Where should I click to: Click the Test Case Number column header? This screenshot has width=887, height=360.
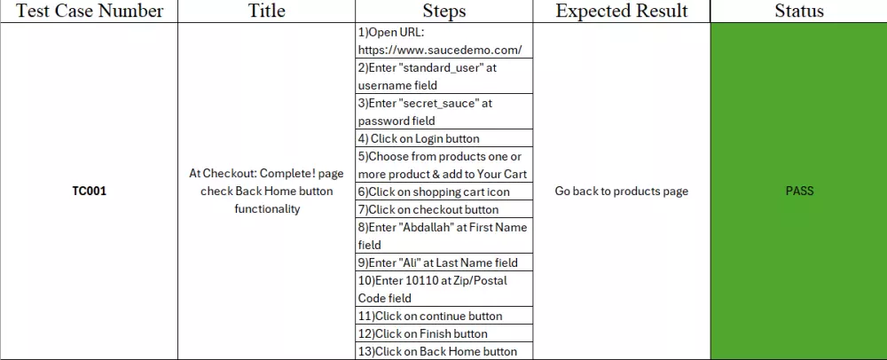[x=90, y=11]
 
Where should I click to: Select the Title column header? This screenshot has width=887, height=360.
[x=267, y=11]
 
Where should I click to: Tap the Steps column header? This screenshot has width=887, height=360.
[x=444, y=11]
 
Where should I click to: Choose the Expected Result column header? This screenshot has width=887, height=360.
[x=622, y=11]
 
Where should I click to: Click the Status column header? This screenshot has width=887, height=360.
[x=799, y=11]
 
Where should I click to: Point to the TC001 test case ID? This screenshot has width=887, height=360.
[x=90, y=191]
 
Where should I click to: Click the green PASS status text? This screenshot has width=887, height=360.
[x=799, y=191]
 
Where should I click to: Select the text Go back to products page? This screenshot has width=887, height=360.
[x=622, y=191]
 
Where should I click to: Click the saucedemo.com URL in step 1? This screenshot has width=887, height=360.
[x=440, y=50]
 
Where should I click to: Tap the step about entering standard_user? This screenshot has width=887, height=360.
[x=428, y=76]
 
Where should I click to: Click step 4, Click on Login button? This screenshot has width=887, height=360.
[x=419, y=138]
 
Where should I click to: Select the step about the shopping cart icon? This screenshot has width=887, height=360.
[x=434, y=192]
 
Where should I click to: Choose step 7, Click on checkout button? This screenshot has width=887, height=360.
[x=428, y=209]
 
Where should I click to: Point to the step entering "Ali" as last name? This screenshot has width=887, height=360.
[x=438, y=262]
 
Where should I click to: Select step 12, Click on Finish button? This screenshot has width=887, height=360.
[x=422, y=333]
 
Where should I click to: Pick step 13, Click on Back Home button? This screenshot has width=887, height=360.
[x=437, y=351]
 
